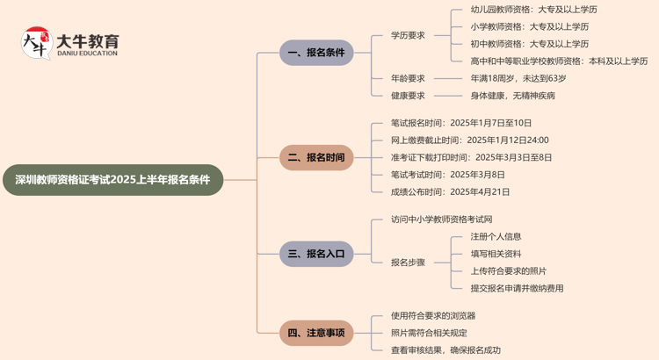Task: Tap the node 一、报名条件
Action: (x=316, y=53)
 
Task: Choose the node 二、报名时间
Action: (x=316, y=158)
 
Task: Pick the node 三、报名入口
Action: (x=316, y=255)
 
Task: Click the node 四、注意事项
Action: (x=316, y=333)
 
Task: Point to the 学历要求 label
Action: (x=408, y=35)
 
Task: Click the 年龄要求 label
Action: (x=408, y=78)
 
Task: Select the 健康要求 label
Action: (x=408, y=96)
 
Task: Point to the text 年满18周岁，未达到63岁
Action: (x=517, y=78)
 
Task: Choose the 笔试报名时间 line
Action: (x=461, y=123)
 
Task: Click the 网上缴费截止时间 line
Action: (x=470, y=140)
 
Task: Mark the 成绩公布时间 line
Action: (x=450, y=191)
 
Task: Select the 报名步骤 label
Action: (x=408, y=262)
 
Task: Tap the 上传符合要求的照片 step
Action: (x=508, y=270)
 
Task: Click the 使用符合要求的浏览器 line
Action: (x=433, y=315)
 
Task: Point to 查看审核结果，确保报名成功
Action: (x=445, y=349)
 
